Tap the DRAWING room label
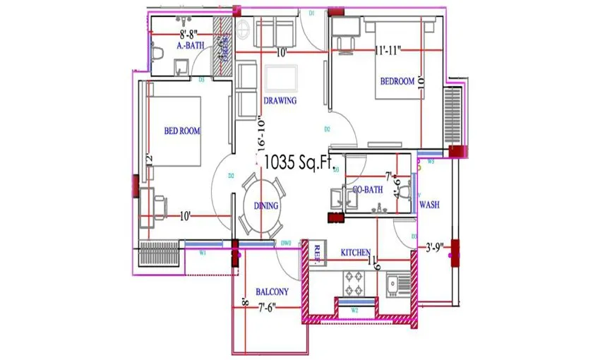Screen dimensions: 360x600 point(280,101)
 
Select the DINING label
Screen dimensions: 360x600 point(266,205)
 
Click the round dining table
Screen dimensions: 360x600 point(261,205)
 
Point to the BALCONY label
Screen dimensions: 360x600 point(271,292)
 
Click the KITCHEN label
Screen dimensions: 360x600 point(356,253)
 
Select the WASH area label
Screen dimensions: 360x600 point(431,205)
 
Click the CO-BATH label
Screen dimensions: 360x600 point(368,189)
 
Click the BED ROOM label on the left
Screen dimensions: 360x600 point(182,131)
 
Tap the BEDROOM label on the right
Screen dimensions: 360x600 point(397,81)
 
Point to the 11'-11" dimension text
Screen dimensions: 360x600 point(389,50)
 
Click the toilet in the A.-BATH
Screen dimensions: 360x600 point(158,51)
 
